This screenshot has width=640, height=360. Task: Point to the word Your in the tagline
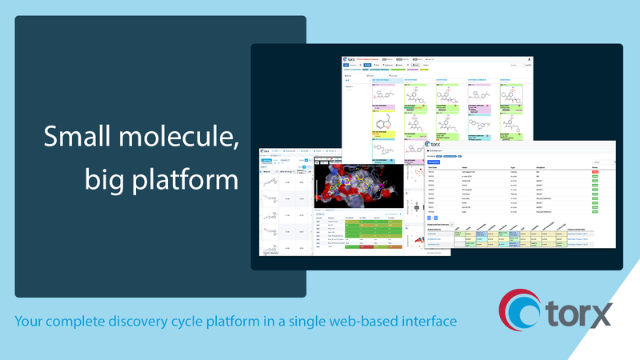point(31,321)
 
